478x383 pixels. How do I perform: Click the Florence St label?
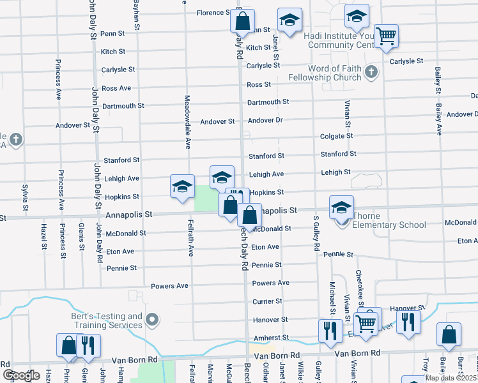point(213,13)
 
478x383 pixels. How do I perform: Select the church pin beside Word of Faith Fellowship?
point(371,71)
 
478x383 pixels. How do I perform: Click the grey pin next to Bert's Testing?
point(152,319)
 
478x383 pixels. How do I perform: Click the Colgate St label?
point(337,136)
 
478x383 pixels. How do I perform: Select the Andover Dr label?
point(265,120)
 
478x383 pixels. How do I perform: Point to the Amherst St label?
point(268,337)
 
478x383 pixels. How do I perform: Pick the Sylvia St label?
point(25,197)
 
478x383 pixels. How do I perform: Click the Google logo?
point(21,375)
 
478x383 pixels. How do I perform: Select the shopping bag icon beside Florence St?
point(242,21)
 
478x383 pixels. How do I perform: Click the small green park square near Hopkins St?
point(203,197)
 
